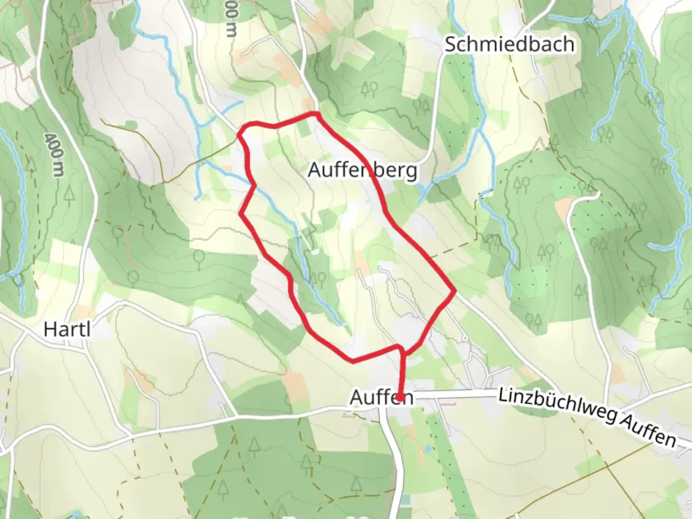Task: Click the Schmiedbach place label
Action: click(x=509, y=44)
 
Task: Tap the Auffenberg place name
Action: click(x=362, y=170)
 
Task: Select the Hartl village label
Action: click(x=67, y=330)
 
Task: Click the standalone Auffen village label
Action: click(x=382, y=397)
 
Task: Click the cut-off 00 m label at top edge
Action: click(x=231, y=22)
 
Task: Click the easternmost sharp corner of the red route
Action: click(x=454, y=291)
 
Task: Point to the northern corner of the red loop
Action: click(x=316, y=114)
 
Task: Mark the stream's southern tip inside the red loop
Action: click(x=342, y=324)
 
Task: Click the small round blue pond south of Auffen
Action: click(x=428, y=448)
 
